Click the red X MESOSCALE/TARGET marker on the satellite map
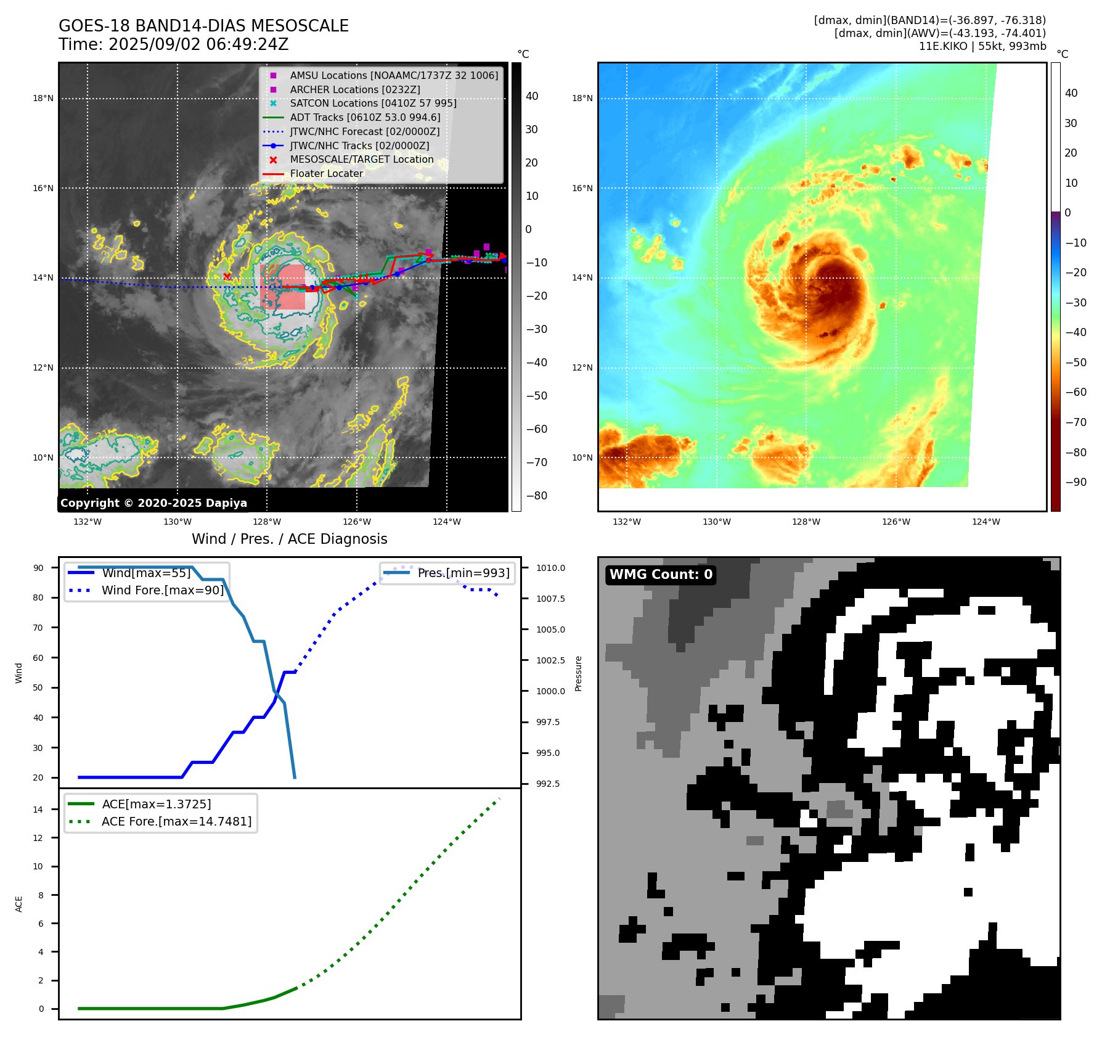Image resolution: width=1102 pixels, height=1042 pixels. [227, 276]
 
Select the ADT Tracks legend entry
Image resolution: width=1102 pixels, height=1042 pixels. [365, 117]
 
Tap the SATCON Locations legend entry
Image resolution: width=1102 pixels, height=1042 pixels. [373, 103]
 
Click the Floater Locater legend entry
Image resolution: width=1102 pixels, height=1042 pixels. [327, 173]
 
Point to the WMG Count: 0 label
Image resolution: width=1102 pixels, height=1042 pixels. [661, 575]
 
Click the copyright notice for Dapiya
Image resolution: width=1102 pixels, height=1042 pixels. [153, 503]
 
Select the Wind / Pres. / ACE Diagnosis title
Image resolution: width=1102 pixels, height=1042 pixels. [290, 539]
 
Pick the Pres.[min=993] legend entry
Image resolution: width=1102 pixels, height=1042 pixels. [463, 573]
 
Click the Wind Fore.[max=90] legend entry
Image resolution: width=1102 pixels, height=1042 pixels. [163, 590]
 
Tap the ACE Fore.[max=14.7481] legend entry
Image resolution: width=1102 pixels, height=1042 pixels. [176, 821]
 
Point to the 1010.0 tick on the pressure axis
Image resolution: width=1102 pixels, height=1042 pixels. [550, 568]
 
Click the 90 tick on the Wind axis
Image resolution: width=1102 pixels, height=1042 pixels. [39, 568]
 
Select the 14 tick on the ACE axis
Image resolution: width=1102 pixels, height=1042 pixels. [39, 810]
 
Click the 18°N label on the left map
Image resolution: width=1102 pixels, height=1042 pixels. [43, 99]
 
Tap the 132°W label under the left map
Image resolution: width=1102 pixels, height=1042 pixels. [88, 522]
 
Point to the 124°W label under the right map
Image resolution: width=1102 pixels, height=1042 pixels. [986, 522]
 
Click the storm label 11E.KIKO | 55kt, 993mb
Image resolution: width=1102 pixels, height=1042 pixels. [982, 46]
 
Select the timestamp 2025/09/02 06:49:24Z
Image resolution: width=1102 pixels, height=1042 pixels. [198, 44]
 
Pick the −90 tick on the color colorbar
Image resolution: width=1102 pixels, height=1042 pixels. [1076, 482]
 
